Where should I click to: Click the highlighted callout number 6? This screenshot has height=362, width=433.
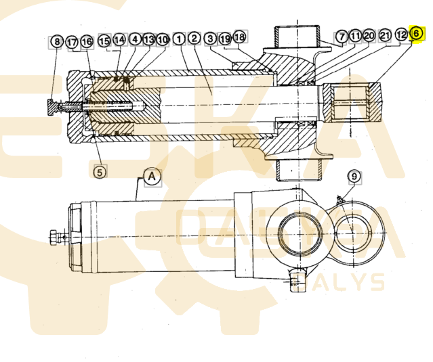[417, 33]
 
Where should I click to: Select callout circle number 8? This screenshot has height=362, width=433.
[57, 42]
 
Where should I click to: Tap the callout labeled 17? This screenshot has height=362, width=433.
[72, 42]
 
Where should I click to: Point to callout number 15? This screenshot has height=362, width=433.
[104, 41]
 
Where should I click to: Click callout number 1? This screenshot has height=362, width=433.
[179, 39]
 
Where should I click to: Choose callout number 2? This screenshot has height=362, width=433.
[194, 39]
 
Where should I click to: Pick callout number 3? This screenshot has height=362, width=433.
[211, 39]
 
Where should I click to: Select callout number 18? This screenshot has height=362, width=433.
[239, 39]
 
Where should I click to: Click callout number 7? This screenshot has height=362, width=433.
[342, 35]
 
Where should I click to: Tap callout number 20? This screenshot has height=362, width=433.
[369, 35]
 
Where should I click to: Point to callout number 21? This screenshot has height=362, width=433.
[385, 35]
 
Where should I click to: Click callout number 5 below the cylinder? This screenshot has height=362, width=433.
[100, 172]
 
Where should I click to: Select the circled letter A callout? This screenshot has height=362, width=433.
[152, 177]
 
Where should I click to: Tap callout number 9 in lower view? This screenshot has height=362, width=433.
[353, 177]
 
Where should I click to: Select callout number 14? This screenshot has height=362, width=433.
[119, 40]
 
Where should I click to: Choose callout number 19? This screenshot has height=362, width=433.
[225, 39]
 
